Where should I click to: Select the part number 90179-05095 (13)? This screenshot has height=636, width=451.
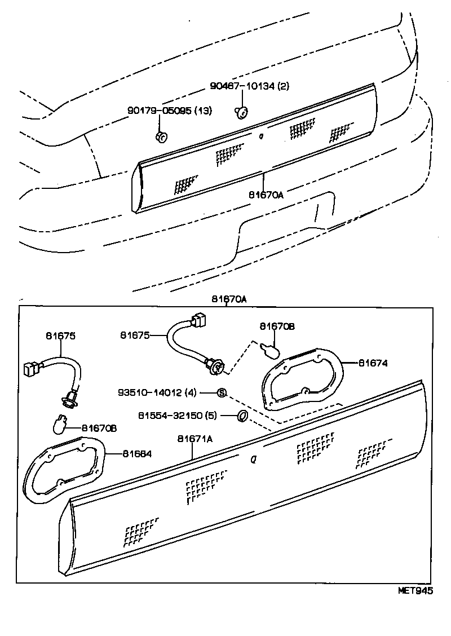[x=170, y=111]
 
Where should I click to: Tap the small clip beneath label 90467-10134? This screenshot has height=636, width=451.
[x=241, y=113]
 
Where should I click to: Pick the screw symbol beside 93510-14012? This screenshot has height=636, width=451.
[x=222, y=392]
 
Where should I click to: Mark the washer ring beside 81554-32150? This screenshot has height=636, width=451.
[x=241, y=416]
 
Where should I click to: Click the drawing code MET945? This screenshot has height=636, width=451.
[x=415, y=591]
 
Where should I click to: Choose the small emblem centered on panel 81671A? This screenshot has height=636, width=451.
[x=253, y=460]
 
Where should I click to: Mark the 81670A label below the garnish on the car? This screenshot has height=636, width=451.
[x=266, y=195]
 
